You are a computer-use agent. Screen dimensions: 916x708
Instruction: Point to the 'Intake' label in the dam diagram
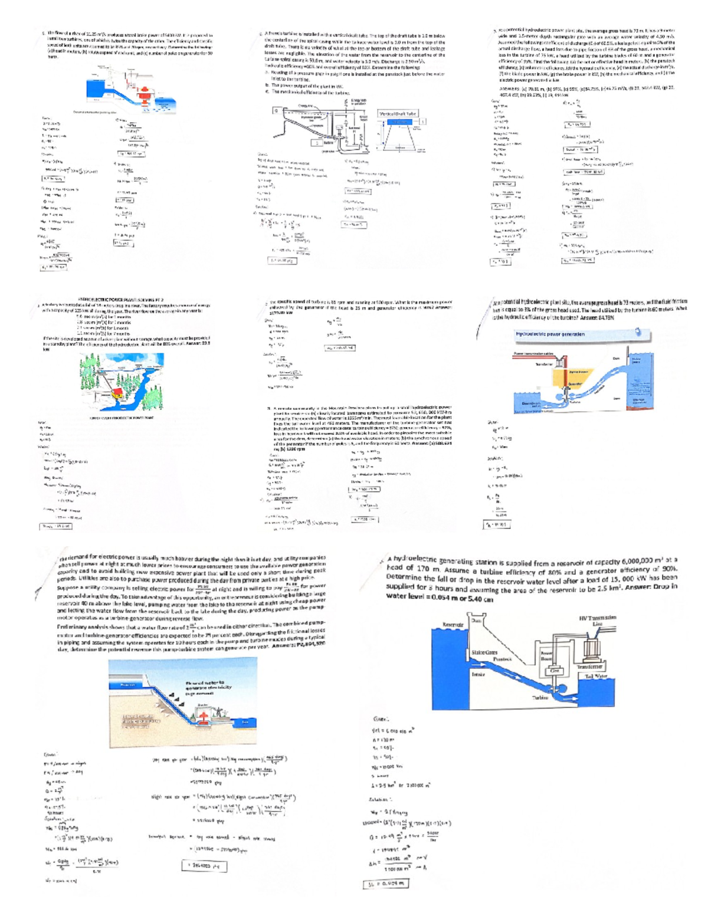479,673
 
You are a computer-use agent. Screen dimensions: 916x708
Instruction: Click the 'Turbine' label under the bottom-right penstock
540,698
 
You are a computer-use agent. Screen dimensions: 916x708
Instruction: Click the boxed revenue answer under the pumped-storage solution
204,866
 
